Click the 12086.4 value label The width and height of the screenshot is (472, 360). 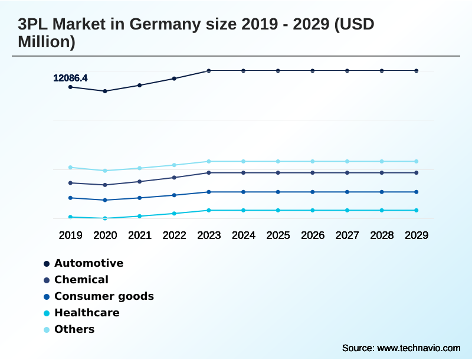coord(70,78)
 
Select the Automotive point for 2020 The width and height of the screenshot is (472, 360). coord(105,91)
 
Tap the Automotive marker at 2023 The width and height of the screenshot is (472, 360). coord(209,71)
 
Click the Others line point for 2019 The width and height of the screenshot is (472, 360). coord(70,168)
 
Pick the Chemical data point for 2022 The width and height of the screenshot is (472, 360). coord(174,178)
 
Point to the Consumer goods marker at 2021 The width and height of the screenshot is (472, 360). coord(140,198)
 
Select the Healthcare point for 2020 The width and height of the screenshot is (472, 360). coord(105,218)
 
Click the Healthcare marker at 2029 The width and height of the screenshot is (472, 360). coord(416,210)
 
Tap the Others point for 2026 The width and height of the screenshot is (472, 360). coord(313,161)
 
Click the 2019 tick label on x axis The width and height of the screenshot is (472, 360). coord(70,235)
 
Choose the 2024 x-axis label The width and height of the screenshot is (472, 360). coord(243,235)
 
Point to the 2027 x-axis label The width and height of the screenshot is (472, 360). coord(347,235)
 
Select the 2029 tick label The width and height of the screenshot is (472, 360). coord(416,235)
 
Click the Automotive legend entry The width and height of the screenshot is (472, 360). coord(88,263)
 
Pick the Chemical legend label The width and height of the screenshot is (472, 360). coord(81,280)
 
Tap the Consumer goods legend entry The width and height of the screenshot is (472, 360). coord(104,296)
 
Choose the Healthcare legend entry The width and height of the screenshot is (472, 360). coord(87,313)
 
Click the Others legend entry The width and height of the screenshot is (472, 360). coord(74,329)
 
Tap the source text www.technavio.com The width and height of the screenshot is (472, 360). coord(418,348)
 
